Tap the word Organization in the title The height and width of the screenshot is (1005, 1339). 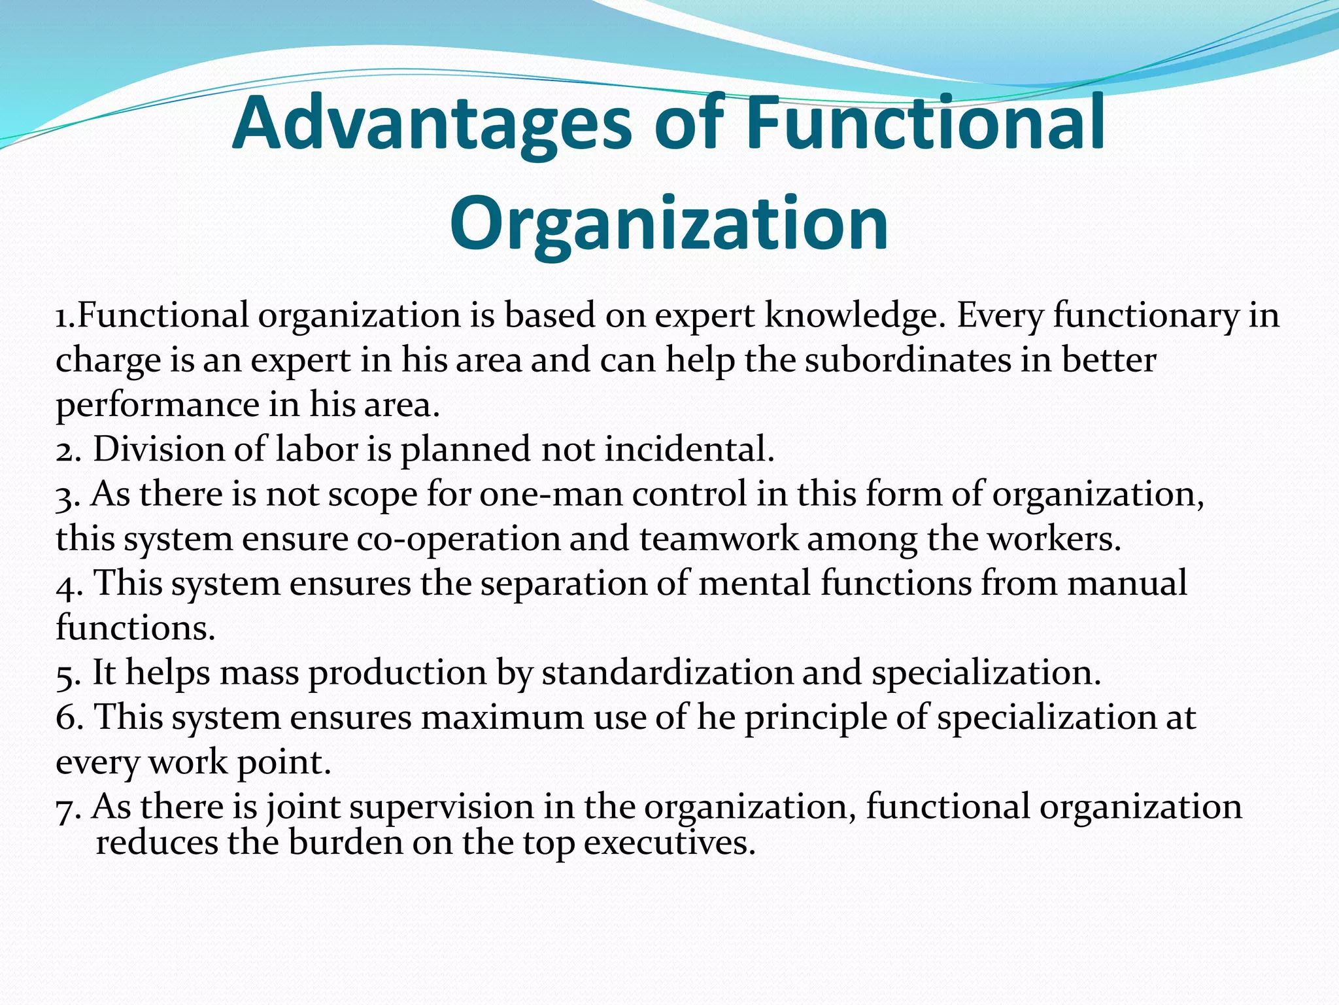[x=669, y=224]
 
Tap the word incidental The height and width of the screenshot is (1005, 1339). [x=689, y=450]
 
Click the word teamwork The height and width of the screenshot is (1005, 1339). [x=719, y=539]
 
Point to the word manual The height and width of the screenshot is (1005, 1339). [x=1127, y=583]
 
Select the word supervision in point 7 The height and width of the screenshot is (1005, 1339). [x=441, y=807]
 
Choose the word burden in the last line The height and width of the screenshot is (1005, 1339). [x=345, y=843]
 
